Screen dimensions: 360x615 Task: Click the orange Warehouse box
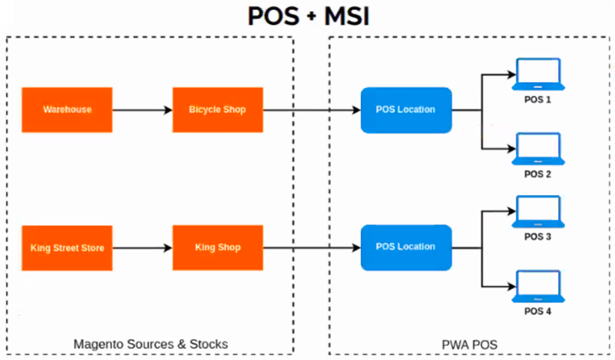click(x=67, y=110)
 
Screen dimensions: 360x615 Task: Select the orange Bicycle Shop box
click(x=217, y=110)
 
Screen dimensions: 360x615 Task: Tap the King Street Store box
click(x=67, y=247)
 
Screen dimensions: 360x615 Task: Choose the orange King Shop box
click(x=217, y=247)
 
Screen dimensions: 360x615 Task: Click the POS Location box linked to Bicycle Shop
click(x=406, y=110)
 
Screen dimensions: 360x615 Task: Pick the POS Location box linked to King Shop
click(x=406, y=247)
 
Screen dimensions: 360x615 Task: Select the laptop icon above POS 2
click(x=537, y=149)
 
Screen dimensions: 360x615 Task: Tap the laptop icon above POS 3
click(x=537, y=213)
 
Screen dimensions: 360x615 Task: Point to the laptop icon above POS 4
click(x=537, y=287)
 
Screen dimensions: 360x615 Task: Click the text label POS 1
click(x=537, y=99)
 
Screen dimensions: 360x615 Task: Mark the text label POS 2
click(x=537, y=174)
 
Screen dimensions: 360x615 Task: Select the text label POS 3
click(x=537, y=237)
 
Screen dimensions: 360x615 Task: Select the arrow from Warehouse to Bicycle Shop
click(x=142, y=110)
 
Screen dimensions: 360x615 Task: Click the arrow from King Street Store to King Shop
click(x=142, y=247)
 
